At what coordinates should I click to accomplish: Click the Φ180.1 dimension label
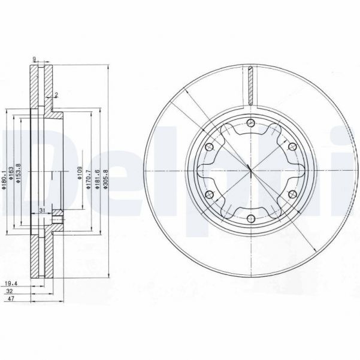4,179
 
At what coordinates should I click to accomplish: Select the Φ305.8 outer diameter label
105,179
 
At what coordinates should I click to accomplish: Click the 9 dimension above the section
35,59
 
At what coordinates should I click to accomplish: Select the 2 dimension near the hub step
56,95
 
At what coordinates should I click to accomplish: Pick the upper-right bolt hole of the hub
291,147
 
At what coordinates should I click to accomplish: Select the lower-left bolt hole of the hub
209,195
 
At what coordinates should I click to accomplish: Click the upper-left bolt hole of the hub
209,147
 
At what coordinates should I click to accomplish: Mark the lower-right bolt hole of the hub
291,195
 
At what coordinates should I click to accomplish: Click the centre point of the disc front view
250,171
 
